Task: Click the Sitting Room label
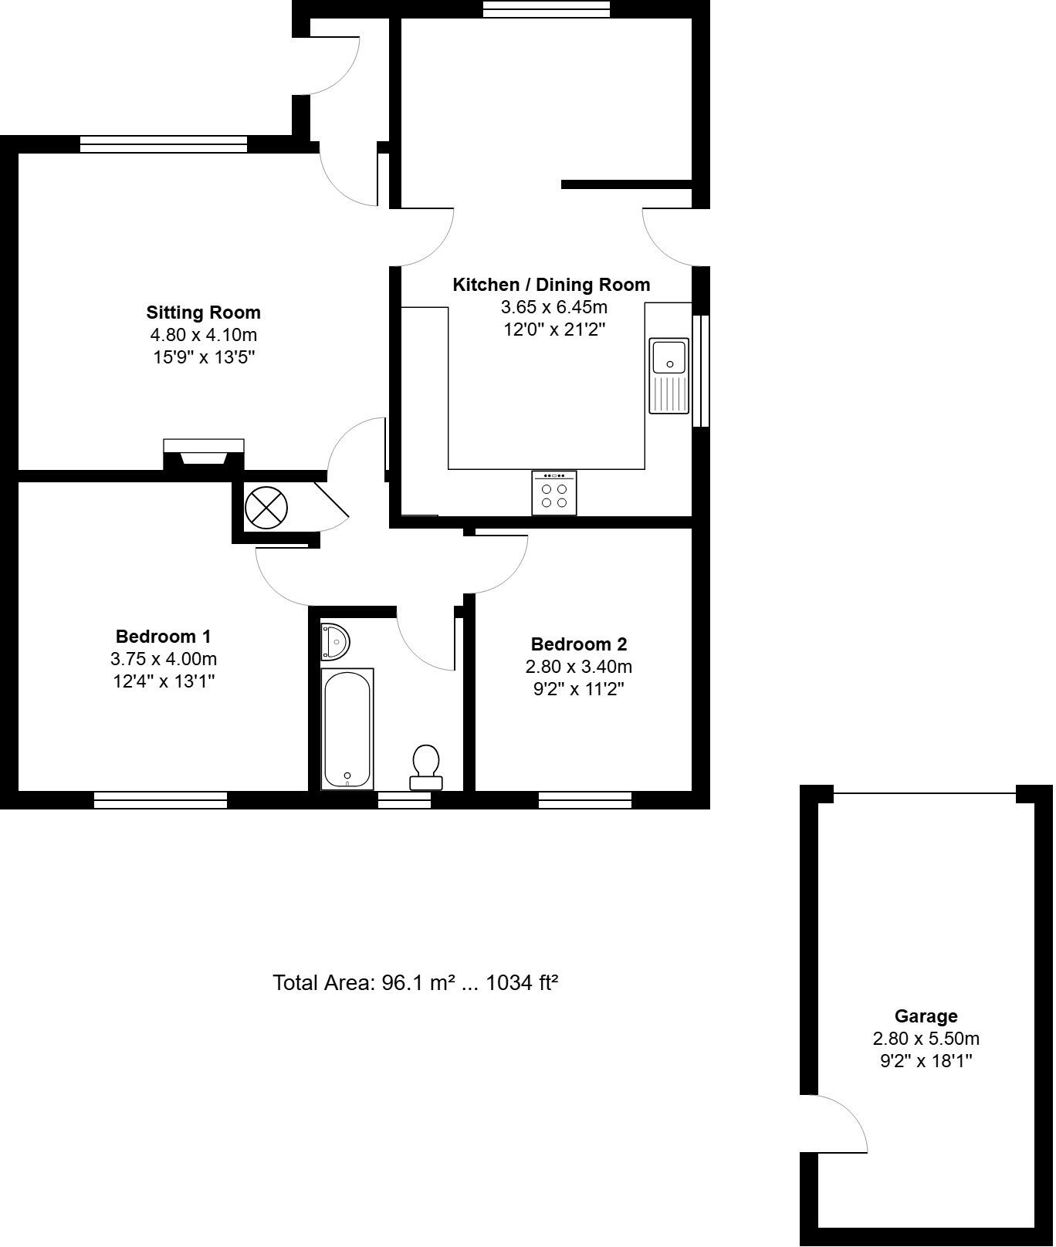click(204, 313)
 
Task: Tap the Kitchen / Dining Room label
click(551, 285)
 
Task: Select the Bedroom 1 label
click(163, 637)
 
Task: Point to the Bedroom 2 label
click(579, 644)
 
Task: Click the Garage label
click(926, 1016)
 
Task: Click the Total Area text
click(415, 982)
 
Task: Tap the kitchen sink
click(669, 375)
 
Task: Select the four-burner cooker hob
click(553, 493)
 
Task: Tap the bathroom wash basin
click(335, 641)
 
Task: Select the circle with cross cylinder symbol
click(266, 508)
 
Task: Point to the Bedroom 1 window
click(161, 800)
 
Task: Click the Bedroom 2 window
click(584, 800)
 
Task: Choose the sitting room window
click(164, 144)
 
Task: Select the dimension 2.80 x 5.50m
click(926, 1039)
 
